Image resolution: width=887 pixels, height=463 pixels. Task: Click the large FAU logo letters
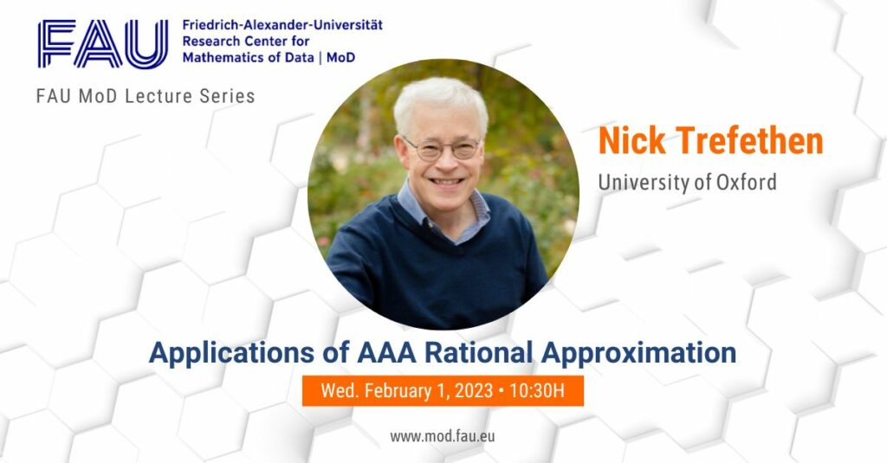click(103, 43)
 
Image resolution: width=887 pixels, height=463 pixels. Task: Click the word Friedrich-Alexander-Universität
click(282, 25)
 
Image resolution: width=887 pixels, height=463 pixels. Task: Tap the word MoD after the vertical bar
click(341, 57)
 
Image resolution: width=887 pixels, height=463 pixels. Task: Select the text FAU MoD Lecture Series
click(146, 96)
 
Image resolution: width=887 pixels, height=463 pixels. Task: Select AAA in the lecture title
click(387, 352)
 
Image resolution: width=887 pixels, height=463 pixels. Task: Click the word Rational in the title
click(478, 352)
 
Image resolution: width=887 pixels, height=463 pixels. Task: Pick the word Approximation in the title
click(638, 353)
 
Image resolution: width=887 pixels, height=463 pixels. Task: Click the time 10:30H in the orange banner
click(537, 390)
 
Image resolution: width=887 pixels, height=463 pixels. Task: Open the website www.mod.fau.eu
click(443, 436)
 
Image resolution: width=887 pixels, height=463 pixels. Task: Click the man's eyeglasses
click(442, 149)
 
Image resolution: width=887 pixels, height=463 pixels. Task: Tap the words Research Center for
click(245, 42)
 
